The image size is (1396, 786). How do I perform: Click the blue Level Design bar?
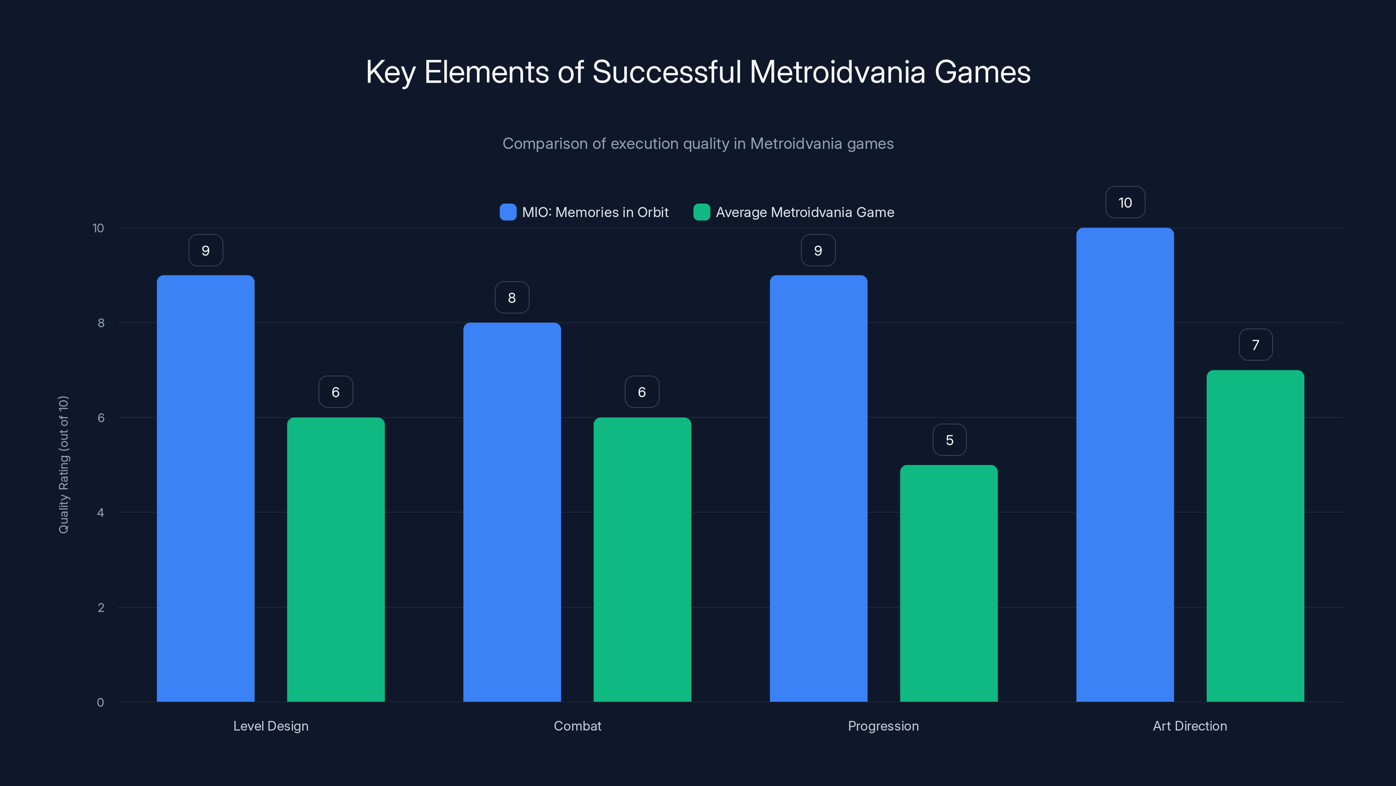205,488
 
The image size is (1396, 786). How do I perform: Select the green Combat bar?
642,559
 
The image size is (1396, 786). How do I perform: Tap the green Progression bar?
948,583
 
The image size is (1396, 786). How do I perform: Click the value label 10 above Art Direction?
1125,202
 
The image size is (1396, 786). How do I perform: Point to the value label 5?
949,440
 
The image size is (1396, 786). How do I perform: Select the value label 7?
1256,345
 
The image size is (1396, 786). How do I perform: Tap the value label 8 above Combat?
512,297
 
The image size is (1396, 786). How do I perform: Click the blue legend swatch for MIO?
508,212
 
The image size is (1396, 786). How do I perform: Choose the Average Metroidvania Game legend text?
805,212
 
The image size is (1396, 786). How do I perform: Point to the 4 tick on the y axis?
100,513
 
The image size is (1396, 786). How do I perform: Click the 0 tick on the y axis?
100,703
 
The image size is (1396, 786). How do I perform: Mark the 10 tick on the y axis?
98,228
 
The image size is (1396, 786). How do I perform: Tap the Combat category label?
577,726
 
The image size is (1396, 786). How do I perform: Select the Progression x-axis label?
883,726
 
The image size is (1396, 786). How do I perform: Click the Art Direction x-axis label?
1190,726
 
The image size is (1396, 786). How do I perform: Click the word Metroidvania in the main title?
837,72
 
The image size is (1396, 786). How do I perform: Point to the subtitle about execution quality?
698,143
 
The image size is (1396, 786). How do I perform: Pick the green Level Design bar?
335,559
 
